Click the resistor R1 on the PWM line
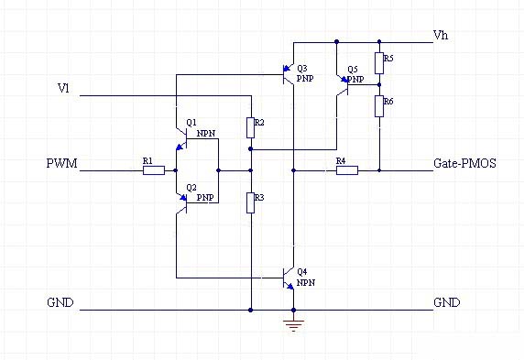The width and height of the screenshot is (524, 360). pos(153,170)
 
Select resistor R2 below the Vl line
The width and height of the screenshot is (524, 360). pos(250,128)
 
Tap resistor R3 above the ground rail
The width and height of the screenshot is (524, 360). pos(250,202)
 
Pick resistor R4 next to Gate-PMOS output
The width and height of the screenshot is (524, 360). pos(346,170)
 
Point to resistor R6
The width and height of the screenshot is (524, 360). pos(379,106)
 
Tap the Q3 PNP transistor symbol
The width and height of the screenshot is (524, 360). pos(288,75)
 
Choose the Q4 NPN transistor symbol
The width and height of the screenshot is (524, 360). pos(288,277)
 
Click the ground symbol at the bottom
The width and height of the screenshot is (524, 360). pos(292,324)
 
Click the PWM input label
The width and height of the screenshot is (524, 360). pos(62,165)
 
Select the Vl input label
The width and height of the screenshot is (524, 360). pos(62,89)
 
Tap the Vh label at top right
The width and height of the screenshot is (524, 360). pos(441,36)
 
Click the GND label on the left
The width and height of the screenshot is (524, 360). pos(61,303)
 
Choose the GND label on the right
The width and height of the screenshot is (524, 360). pos(446,303)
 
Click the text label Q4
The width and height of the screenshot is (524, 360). pos(303,272)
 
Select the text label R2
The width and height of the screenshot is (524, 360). pos(260,122)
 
